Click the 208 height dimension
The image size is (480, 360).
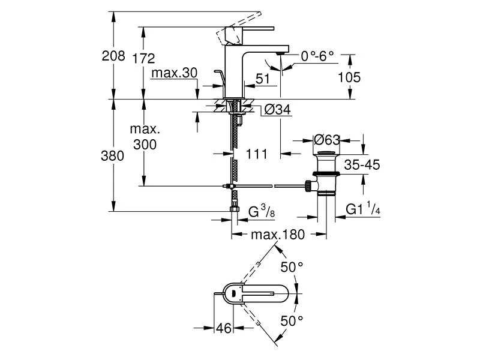[113, 57]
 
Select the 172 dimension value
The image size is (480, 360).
[144, 58]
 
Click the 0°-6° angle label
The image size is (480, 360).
[317, 57]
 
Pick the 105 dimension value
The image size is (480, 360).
[349, 77]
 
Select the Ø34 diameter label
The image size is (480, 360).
[277, 109]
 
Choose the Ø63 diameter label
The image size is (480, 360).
[327, 140]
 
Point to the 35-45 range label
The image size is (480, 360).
[362, 165]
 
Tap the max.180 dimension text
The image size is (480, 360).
[278, 234]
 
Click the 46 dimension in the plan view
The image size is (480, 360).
[225, 328]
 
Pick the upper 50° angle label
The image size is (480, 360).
[293, 267]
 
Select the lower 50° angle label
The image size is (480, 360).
[293, 321]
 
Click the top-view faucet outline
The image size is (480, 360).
[264, 293]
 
